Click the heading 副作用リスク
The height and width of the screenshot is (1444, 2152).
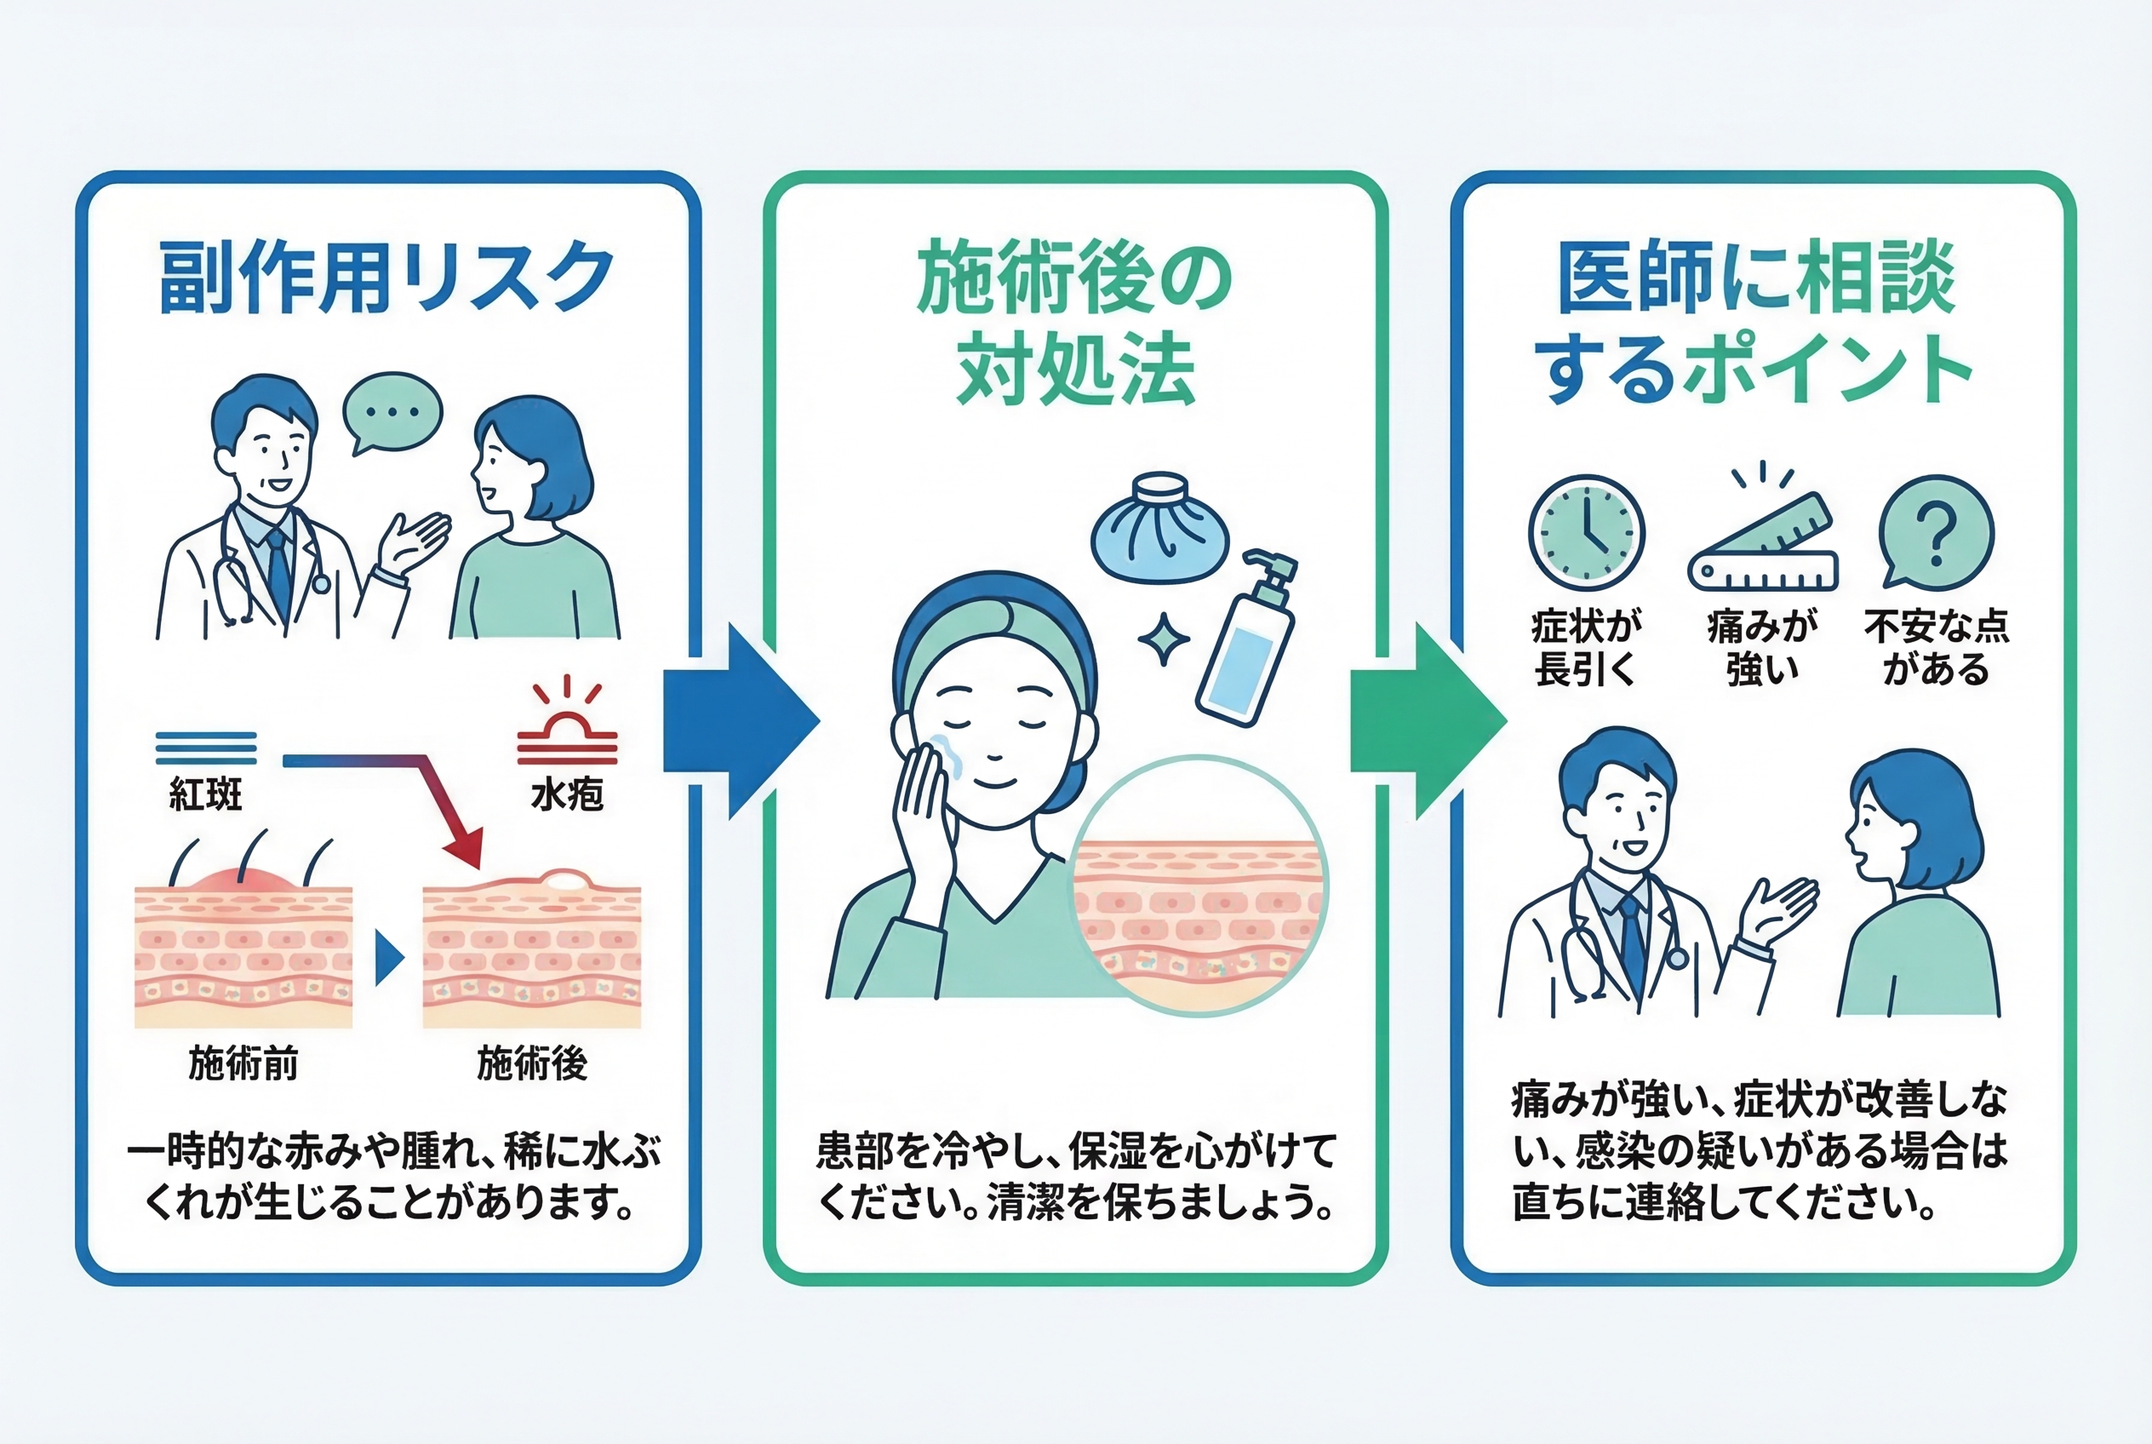click(386, 278)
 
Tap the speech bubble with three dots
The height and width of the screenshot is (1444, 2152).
click(393, 410)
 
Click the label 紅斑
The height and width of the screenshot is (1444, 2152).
click(205, 793)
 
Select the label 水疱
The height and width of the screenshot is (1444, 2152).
click(566, 793)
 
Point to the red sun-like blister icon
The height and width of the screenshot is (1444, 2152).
click(566, 726)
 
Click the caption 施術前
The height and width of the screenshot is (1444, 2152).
click(243, 1064)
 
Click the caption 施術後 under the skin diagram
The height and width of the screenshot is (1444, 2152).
click(531, 1064)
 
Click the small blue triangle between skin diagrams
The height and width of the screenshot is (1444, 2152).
click(388, 959)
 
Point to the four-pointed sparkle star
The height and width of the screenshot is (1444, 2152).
click(1163, 639)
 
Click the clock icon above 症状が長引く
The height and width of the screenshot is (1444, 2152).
click(1586, 532)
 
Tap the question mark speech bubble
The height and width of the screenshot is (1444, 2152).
click(1936, 531)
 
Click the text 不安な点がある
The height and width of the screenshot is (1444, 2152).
click(1936, 647)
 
